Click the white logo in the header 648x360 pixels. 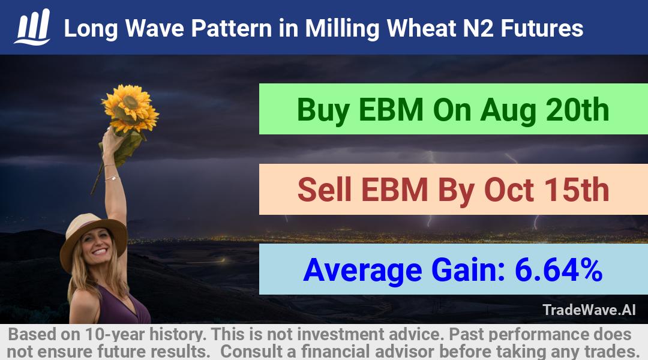[x=32, y=27]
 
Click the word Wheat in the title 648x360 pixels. [x=421, y=29]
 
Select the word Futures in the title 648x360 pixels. [x=542, y=29]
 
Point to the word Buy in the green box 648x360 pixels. [x=323, y=110]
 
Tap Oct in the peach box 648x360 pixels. [x=509, y=190]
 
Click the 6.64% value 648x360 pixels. [x=559, y=269]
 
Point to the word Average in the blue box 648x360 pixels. [x=362, y=271]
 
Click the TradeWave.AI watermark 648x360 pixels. [x=589, y=310]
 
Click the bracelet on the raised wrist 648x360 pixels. [x=112, y=178]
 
